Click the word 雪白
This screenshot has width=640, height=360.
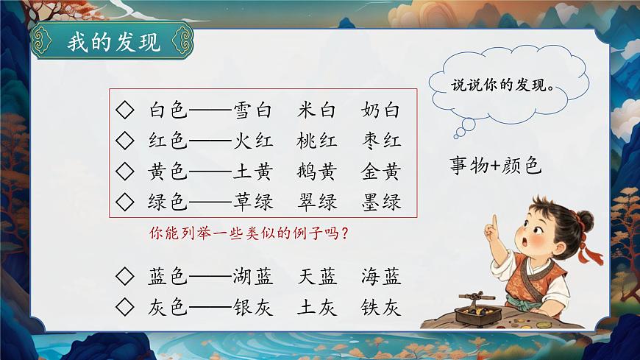[x=252, y=111]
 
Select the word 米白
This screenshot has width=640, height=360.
[x=318, y=111]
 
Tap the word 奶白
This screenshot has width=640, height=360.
[x=381, y=111]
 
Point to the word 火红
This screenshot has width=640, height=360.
[x=252, y=141]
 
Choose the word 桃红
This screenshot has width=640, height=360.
[x=318, y=141]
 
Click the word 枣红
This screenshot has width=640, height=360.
[x=381, y=141]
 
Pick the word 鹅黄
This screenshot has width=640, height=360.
[x=318, y=172]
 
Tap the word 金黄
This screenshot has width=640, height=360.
[x=381, y=172]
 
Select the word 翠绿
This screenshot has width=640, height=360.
[x=318, y=202]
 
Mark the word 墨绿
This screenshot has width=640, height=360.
[x=381, y=202]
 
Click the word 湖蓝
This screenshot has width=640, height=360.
[x=252, y=277]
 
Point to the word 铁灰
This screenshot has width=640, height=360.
[x=381, y=308]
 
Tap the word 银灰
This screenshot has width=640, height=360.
[x=252, y=308]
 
